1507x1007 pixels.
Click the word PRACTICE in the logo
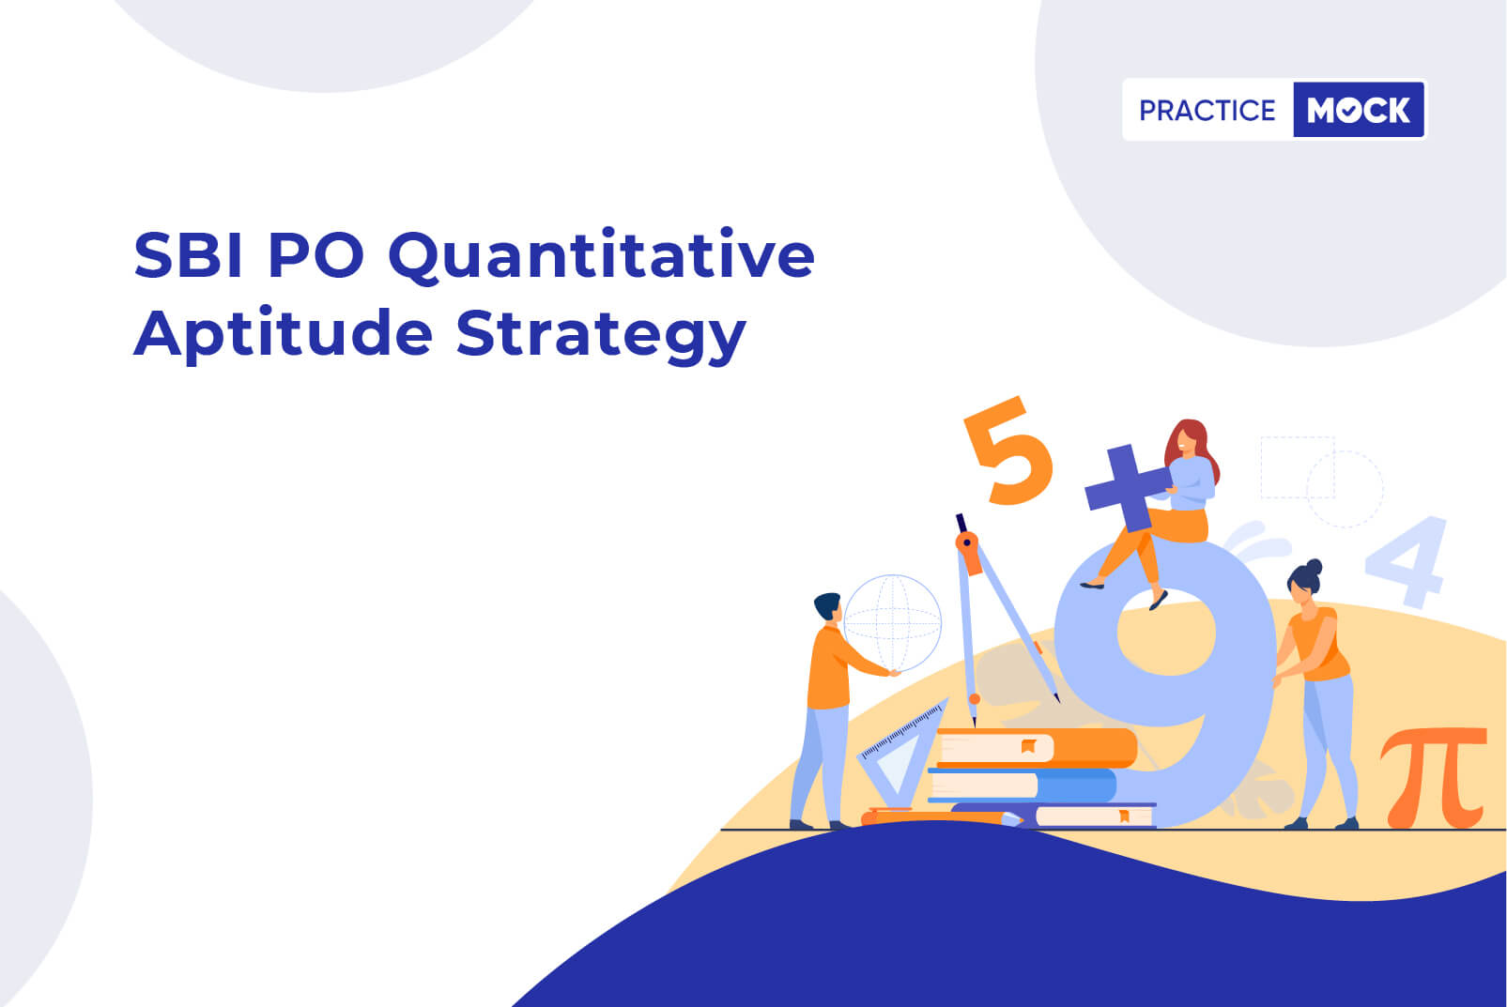coord(1207,110)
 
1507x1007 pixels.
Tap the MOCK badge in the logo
coord(1359,110)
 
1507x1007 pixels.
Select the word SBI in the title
coord(188,254)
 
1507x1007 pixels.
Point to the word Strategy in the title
coord(601,334)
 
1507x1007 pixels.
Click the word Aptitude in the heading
coord(283,334)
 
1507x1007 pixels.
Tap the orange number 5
coord(1008,450)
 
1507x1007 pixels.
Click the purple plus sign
coord(1128,488)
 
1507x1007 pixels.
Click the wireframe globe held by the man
coord(892,623)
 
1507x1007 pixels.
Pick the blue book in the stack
coord(1022,786)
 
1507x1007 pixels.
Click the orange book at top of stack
coord(1036,747)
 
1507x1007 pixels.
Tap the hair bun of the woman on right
coord(1314,568)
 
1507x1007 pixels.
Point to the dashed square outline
coord(1297,467)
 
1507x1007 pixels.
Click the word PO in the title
coord(315,255)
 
